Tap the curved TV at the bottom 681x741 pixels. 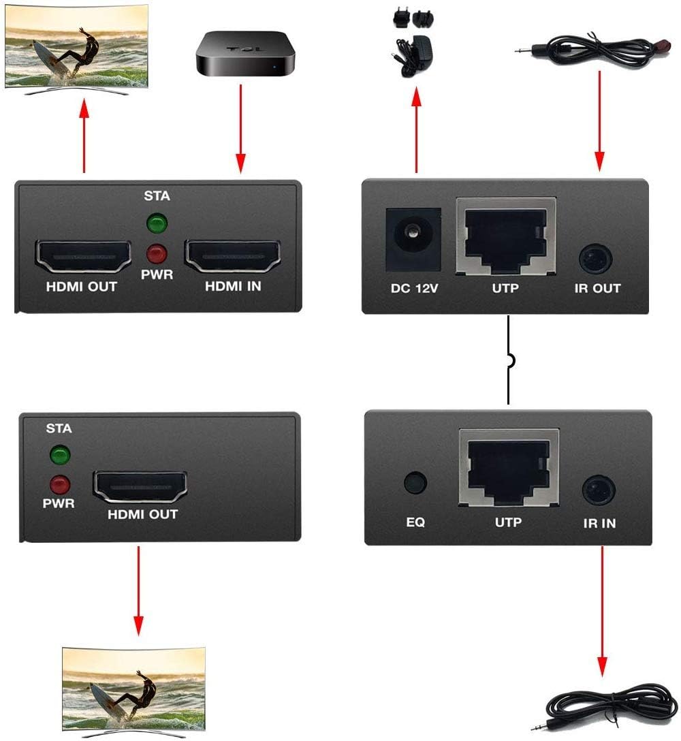point(134,688)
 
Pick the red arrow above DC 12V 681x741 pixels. point(415,133)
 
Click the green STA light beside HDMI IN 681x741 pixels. point(158,223)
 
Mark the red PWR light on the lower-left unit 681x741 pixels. point(60,485)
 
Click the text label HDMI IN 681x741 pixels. point(233,287)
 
